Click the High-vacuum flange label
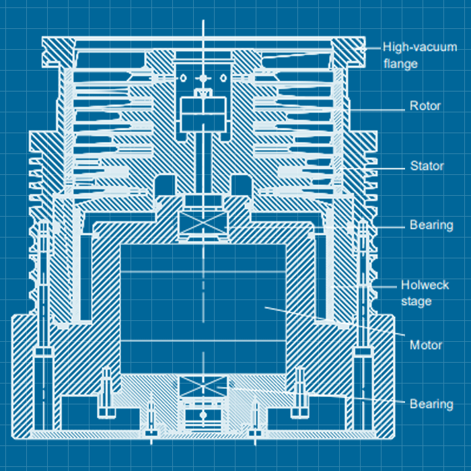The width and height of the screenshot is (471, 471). [410, 55]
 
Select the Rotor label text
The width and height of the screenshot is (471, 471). [425, 106]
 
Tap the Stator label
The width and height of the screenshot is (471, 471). [427, 166]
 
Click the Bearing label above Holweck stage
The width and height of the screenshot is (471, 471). [431, 225]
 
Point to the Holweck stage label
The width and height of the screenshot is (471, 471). [425, 293]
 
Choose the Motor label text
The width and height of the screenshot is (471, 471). [426, 345]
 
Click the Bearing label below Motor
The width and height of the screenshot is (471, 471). [431, 404]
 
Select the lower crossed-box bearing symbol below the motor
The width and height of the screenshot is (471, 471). [203, 390]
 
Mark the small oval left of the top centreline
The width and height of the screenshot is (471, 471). [182, 79]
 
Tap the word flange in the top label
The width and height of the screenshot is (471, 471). [400, 64]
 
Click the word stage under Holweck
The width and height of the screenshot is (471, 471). [416, 301]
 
